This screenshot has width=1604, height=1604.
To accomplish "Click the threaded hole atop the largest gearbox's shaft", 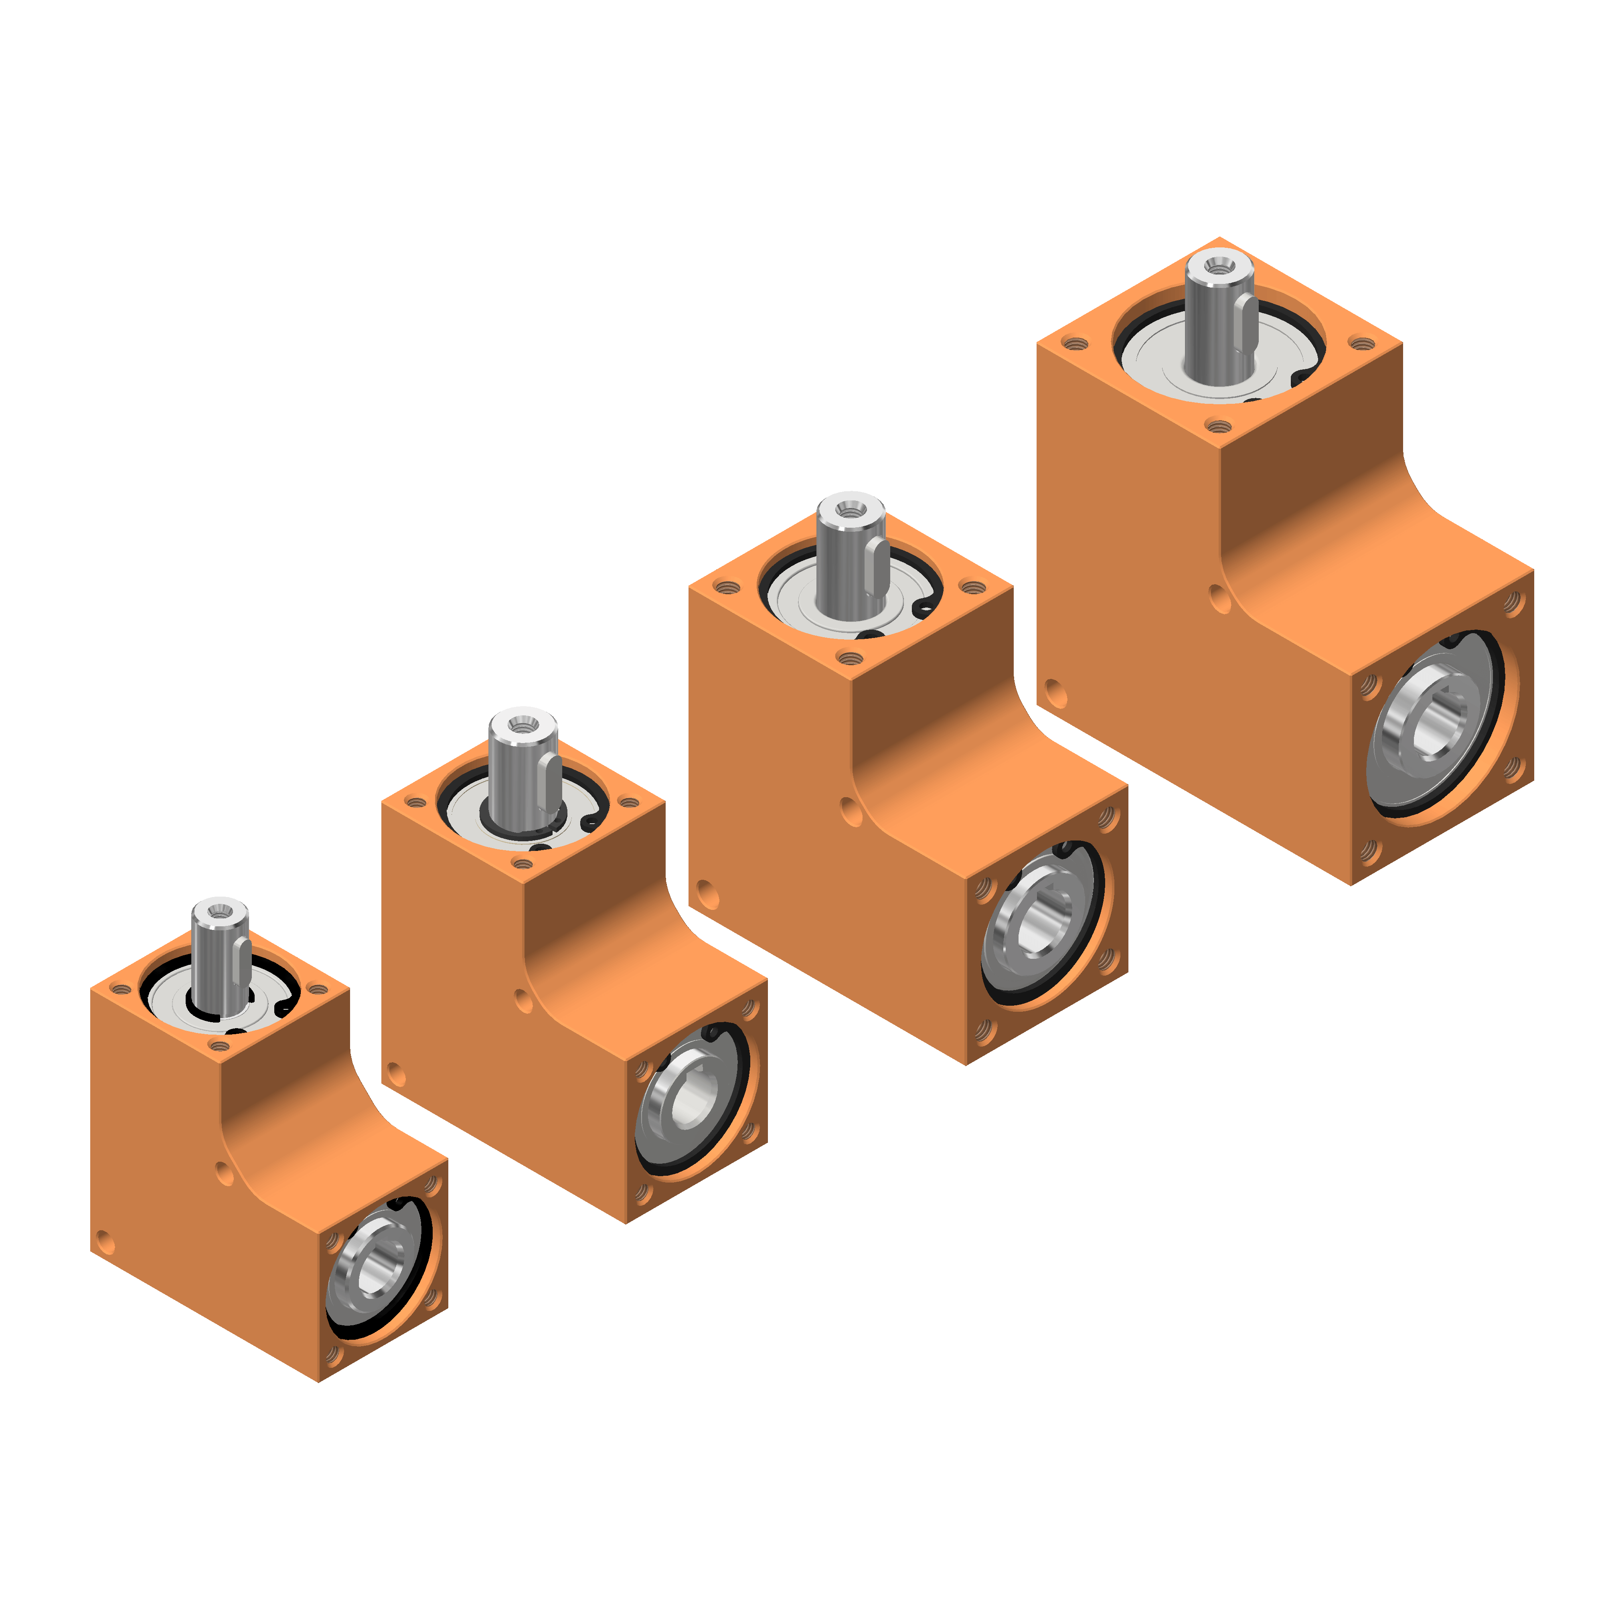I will [x=1218, y=266].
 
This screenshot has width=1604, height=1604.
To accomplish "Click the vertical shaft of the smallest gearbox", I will [x=219, y=963].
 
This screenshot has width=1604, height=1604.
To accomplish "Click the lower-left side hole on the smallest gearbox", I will [x=105, y=1243].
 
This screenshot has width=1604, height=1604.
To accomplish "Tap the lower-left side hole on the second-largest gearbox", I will [x=707, y=895].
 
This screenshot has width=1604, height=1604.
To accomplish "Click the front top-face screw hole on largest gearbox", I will [x=1218, y=427].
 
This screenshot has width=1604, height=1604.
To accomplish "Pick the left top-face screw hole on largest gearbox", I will [x=1075, y=343].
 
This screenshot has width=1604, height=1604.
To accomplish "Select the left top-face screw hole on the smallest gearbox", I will [x=121, y=989].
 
